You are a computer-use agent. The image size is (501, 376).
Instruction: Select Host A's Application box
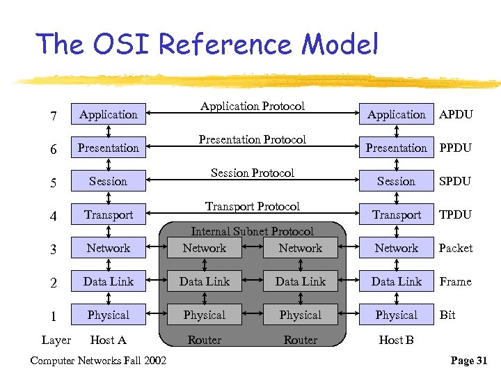tap(109, 114)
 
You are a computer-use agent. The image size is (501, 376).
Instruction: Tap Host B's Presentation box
tap(396, 148)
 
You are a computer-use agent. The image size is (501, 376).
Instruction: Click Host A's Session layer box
tap(109, 181)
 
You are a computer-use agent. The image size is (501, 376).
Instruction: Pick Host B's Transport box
tap(396, 214)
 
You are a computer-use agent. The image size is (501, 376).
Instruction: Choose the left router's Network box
tap(205, 248)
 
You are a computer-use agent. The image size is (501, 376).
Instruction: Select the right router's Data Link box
tap(300, 281)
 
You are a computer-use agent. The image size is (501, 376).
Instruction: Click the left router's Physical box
tap(205, 315)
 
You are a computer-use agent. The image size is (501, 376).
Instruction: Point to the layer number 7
tap(54, 115)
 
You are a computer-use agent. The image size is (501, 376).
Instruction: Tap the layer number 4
tap(54, 215)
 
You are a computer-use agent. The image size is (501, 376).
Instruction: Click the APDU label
tap(456, 114)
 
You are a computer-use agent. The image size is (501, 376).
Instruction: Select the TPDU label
tap(455, 214)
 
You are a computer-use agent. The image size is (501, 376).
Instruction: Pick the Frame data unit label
tap(455, 281)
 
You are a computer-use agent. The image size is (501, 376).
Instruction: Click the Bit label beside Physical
tap(447, 315)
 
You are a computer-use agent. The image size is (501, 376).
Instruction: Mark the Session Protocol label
tap(253, 173)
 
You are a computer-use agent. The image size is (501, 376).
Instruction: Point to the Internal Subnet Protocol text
tap(253, 231)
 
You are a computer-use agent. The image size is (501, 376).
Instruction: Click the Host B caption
tap(396, 340)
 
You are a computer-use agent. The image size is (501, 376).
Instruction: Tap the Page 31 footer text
tap(469, 360)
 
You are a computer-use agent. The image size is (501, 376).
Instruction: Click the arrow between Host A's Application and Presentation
tap(109, 131)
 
